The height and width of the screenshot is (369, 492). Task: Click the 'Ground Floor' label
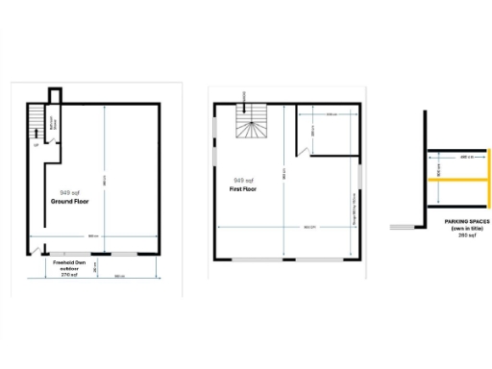pos(70,202)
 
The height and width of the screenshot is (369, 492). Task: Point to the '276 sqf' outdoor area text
pos(68,275)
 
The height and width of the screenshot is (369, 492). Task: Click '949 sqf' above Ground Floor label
pos(69,192)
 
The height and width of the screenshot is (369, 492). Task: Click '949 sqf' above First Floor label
pos(244,181)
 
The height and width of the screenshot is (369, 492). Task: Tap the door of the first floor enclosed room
pos(302,148)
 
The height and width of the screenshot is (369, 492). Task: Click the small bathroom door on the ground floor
pos(56,139)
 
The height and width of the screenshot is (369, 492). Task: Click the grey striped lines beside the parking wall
pos(403,228)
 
